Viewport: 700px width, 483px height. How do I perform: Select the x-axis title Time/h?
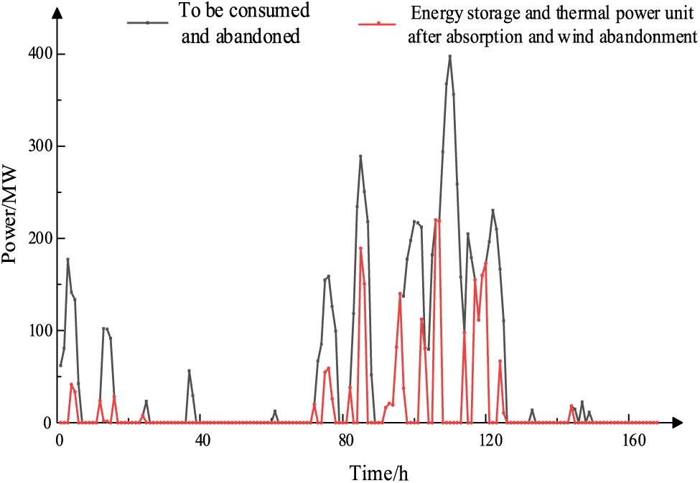click(380, 473)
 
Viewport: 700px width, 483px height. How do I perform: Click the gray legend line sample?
click(147, 23)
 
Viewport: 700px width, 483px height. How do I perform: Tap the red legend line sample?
click(378, 23)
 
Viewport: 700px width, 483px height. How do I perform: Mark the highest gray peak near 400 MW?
click(449, 56)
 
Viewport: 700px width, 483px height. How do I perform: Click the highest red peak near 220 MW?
click(437, 220)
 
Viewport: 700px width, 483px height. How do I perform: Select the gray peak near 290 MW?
click(360, 156)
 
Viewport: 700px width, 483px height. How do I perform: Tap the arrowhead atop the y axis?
click(59, 12)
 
